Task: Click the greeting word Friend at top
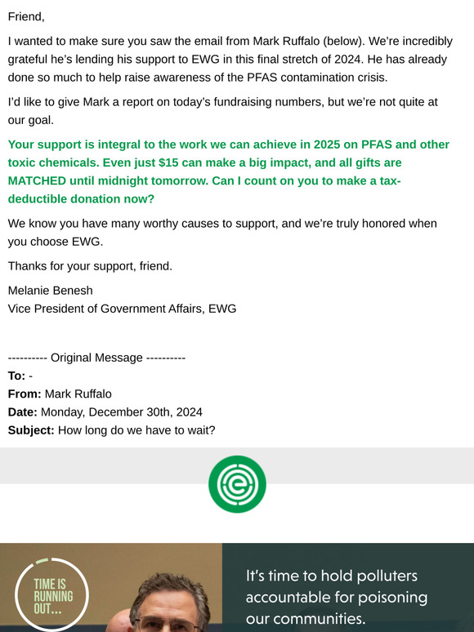click(x=26, y=16)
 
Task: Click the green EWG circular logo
click(x=237, y=483)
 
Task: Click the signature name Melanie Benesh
click(x=51, y=291)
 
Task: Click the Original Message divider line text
click(x=97, y=358)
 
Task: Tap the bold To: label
click(x=16, y=376)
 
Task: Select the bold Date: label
click(x=23, y=412)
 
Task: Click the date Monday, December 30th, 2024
click(x=122, y=412)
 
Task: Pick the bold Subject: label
click(x=31, y=430)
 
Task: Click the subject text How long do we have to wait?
click(x=136, y=430)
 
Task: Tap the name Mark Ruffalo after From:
click(x=78, y=394)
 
